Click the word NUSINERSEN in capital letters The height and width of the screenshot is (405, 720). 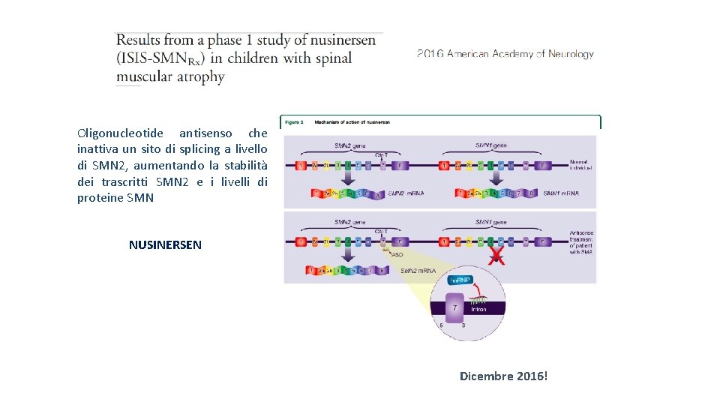click(165, 244)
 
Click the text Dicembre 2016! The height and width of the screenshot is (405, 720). click(503, 375)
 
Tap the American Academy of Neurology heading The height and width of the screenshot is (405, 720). click(505, 54)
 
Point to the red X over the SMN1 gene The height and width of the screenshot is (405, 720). click(496, 257)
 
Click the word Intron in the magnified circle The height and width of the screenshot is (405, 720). click(479, 309)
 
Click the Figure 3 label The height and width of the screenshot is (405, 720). click(292, 121)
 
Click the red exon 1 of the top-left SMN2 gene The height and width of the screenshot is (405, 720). click(301, 165)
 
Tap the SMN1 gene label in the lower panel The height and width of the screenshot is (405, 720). click(490, 222)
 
